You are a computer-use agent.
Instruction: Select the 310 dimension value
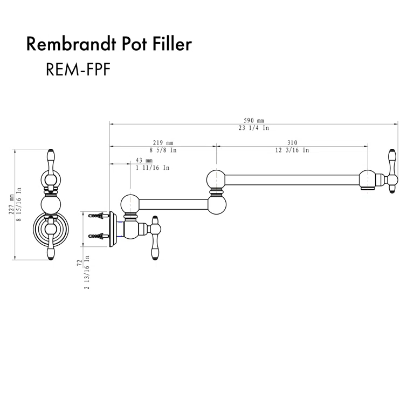pos(292,143)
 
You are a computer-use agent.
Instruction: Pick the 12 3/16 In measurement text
pos(292,151)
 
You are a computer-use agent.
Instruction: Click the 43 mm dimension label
pos(144,161)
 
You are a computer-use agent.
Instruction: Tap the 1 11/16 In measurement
pos(153,168)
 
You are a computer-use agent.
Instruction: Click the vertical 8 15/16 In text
pos(19,205)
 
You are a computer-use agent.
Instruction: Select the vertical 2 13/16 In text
pos(87,272)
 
